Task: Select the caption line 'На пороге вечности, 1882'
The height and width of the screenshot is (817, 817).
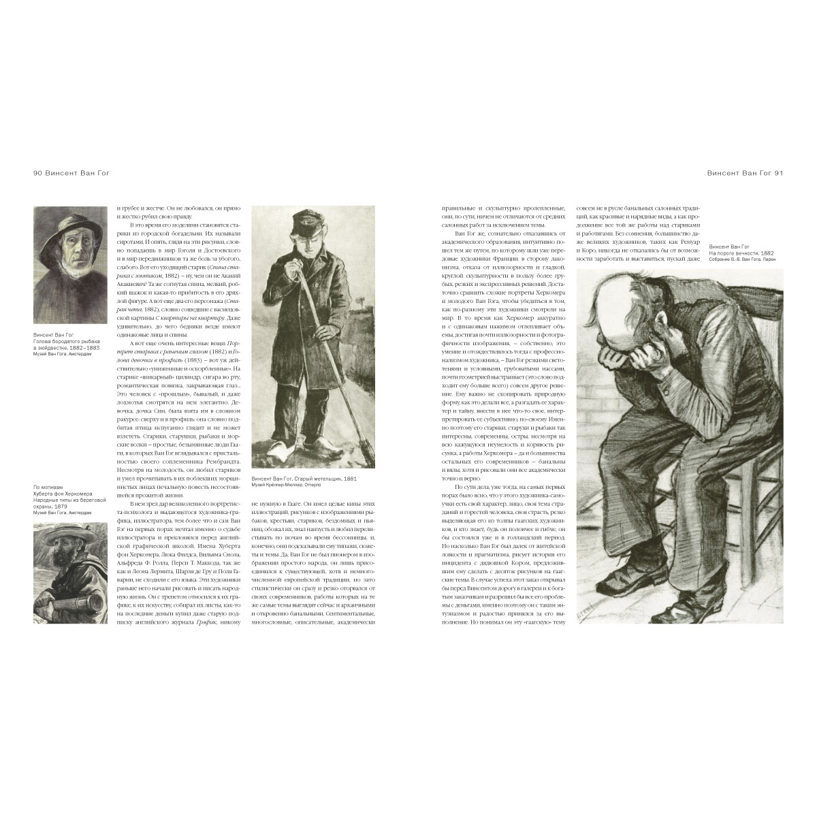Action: (747, 253)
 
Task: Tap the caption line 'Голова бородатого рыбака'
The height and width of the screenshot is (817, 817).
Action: (67, 341)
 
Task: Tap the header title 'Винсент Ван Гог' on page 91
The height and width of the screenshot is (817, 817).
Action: (737, 173)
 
